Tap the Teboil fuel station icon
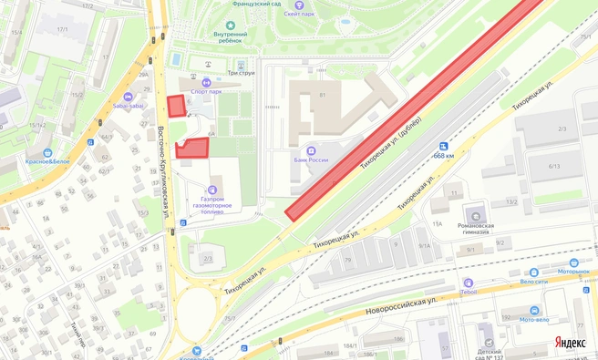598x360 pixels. tap(468, 283)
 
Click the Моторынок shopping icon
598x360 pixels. tap(575, 262)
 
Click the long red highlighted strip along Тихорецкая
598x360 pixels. tap(410, 108)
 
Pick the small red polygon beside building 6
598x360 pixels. tap(176, 105)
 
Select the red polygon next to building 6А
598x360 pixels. tap(191, 149)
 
